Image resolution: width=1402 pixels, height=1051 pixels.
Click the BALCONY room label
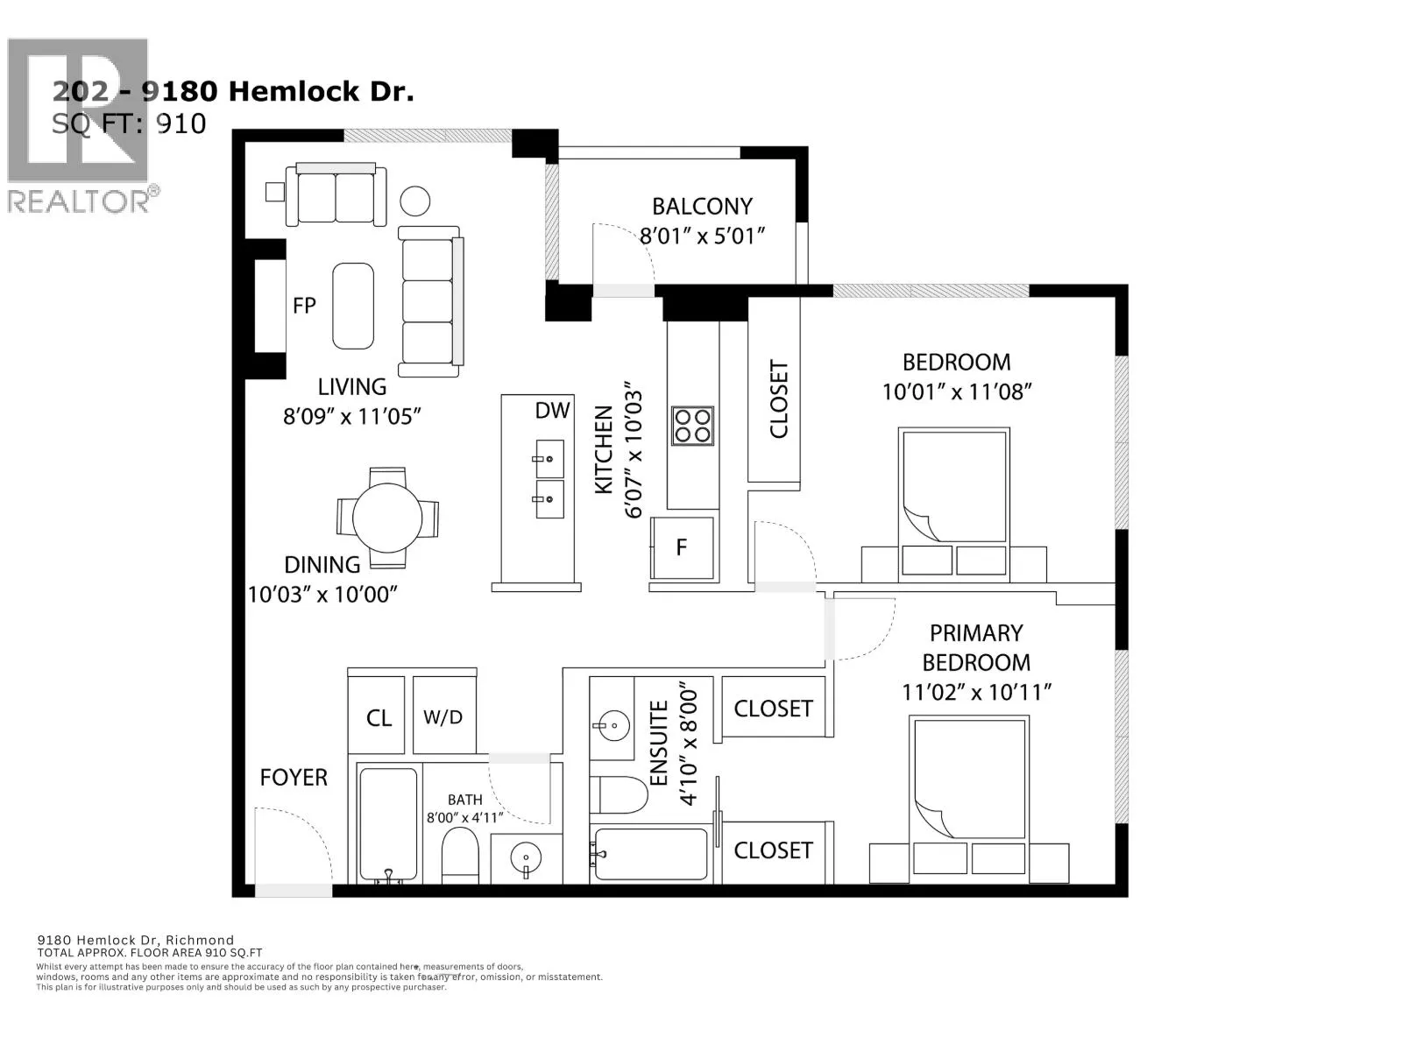pos(702,206)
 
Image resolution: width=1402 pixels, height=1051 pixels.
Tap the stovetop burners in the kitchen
pos(692,426)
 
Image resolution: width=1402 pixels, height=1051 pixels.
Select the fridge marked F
pos(683,547)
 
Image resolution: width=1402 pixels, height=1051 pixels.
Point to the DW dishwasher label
pos(552,410)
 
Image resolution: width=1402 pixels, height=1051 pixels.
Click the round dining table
pos(387,518)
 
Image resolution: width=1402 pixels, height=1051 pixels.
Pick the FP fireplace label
pos(304,306)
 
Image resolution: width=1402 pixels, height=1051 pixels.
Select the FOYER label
pos(294,777)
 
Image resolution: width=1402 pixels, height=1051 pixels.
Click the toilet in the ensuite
pos(619,794)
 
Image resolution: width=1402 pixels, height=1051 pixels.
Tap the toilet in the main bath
pos(460,855)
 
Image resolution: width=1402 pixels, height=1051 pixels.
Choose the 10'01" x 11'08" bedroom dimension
pos(957,391)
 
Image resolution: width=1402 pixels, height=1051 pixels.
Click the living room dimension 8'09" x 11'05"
pos(352,417)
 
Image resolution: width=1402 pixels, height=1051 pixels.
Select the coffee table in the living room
pos(352,307)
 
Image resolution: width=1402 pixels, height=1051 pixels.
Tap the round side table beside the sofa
pos(415,201)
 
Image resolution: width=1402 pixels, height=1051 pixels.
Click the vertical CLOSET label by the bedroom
pos(779,399)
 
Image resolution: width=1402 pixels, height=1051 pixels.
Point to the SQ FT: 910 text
pos(129,123)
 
